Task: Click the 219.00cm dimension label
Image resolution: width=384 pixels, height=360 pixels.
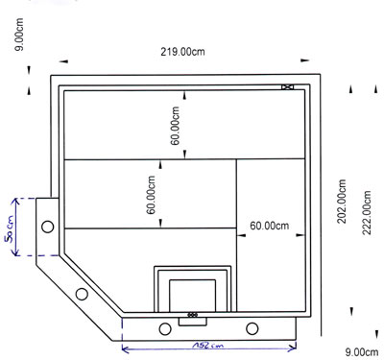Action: coord(182,52)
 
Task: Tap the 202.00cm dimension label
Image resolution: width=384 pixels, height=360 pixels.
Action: coord(342,201)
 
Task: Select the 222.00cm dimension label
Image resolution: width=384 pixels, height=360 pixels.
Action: coord(367,212)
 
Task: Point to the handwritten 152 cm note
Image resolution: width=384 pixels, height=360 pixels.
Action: coord(208,346)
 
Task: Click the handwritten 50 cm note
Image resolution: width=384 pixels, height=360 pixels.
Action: coord(10,229)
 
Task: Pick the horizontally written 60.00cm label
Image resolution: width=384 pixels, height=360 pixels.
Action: coord(270,226)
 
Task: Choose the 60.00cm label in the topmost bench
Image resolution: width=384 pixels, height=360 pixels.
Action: coord(175,126)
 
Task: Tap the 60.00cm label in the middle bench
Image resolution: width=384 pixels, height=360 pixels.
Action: coord(151,195)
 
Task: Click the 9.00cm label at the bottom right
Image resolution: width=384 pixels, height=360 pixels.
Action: coord(362,352)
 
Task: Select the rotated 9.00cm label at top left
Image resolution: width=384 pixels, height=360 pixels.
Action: coord(19,35)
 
